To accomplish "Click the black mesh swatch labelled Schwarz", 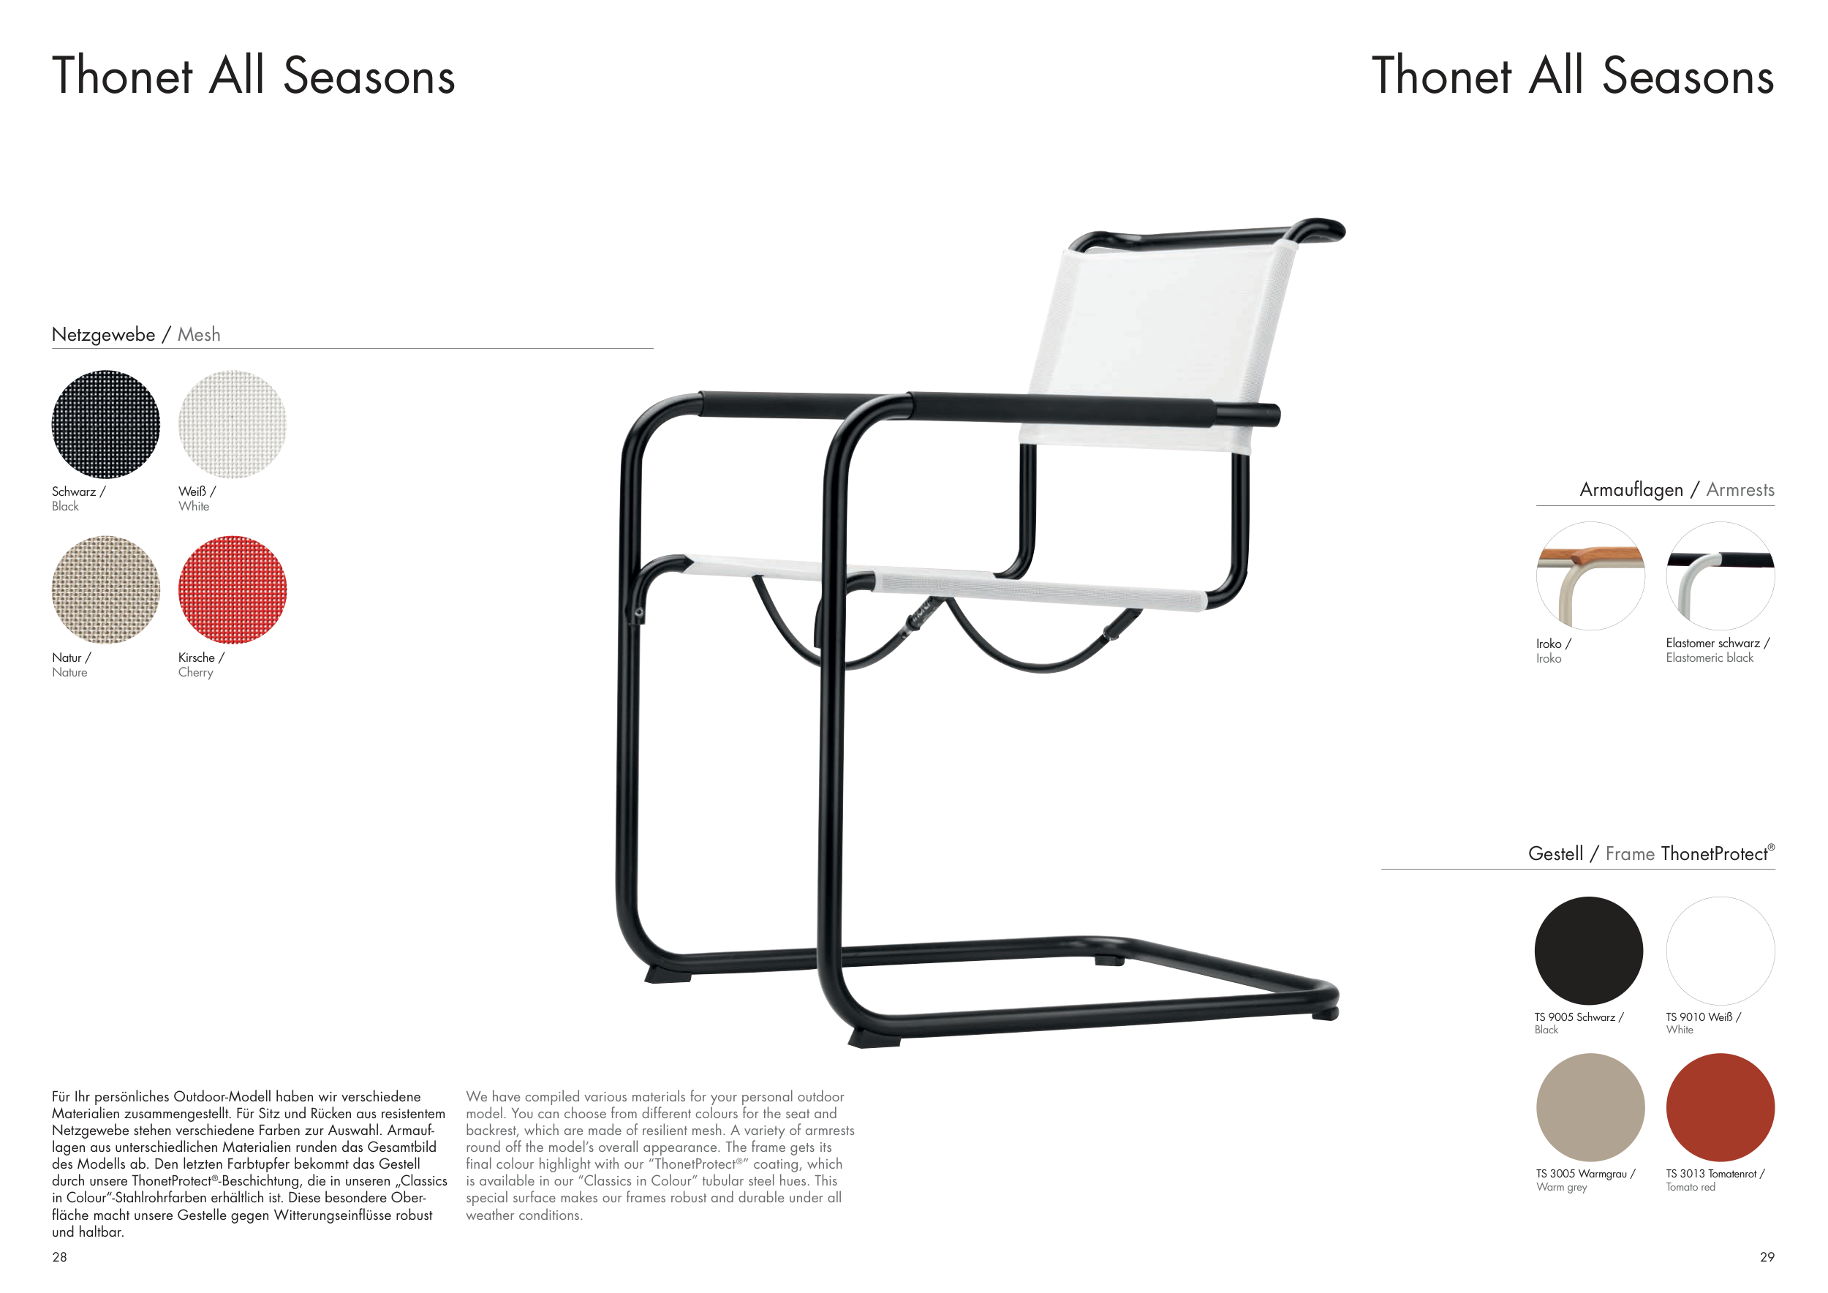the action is click(106, 424).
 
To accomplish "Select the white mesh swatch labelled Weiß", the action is click(233, 424).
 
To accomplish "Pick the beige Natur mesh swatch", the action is click(106, 590).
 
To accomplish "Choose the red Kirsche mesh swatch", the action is click(233, 590).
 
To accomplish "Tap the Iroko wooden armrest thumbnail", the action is click(1590, 576).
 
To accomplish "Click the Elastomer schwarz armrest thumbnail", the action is click(1721, 576).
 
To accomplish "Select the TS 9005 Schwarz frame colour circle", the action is click(1589, 951).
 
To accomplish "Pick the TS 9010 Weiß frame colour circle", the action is click(1721, 951).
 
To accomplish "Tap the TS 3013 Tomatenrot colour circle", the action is click(1721, 1107).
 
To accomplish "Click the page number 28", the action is click(60, 1257).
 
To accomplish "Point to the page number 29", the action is click(1767, 1257).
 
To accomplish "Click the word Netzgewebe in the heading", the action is click(104, 335).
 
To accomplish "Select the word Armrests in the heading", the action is click(1740, 490).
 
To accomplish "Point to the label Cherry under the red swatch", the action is click(196, 673).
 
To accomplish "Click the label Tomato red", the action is click(1691, 1187).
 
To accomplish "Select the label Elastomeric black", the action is click(1710, 657).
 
